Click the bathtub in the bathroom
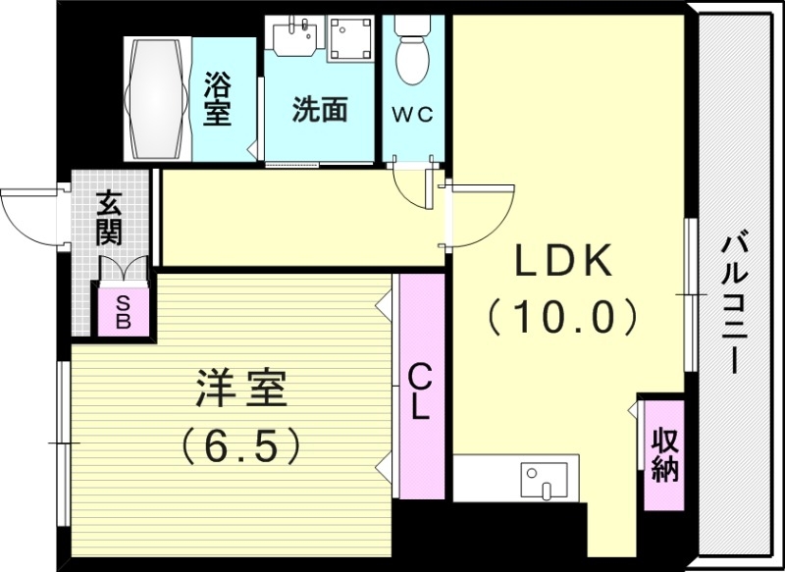(157, 98)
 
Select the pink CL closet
(420, 389)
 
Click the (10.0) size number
(564, 317)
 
